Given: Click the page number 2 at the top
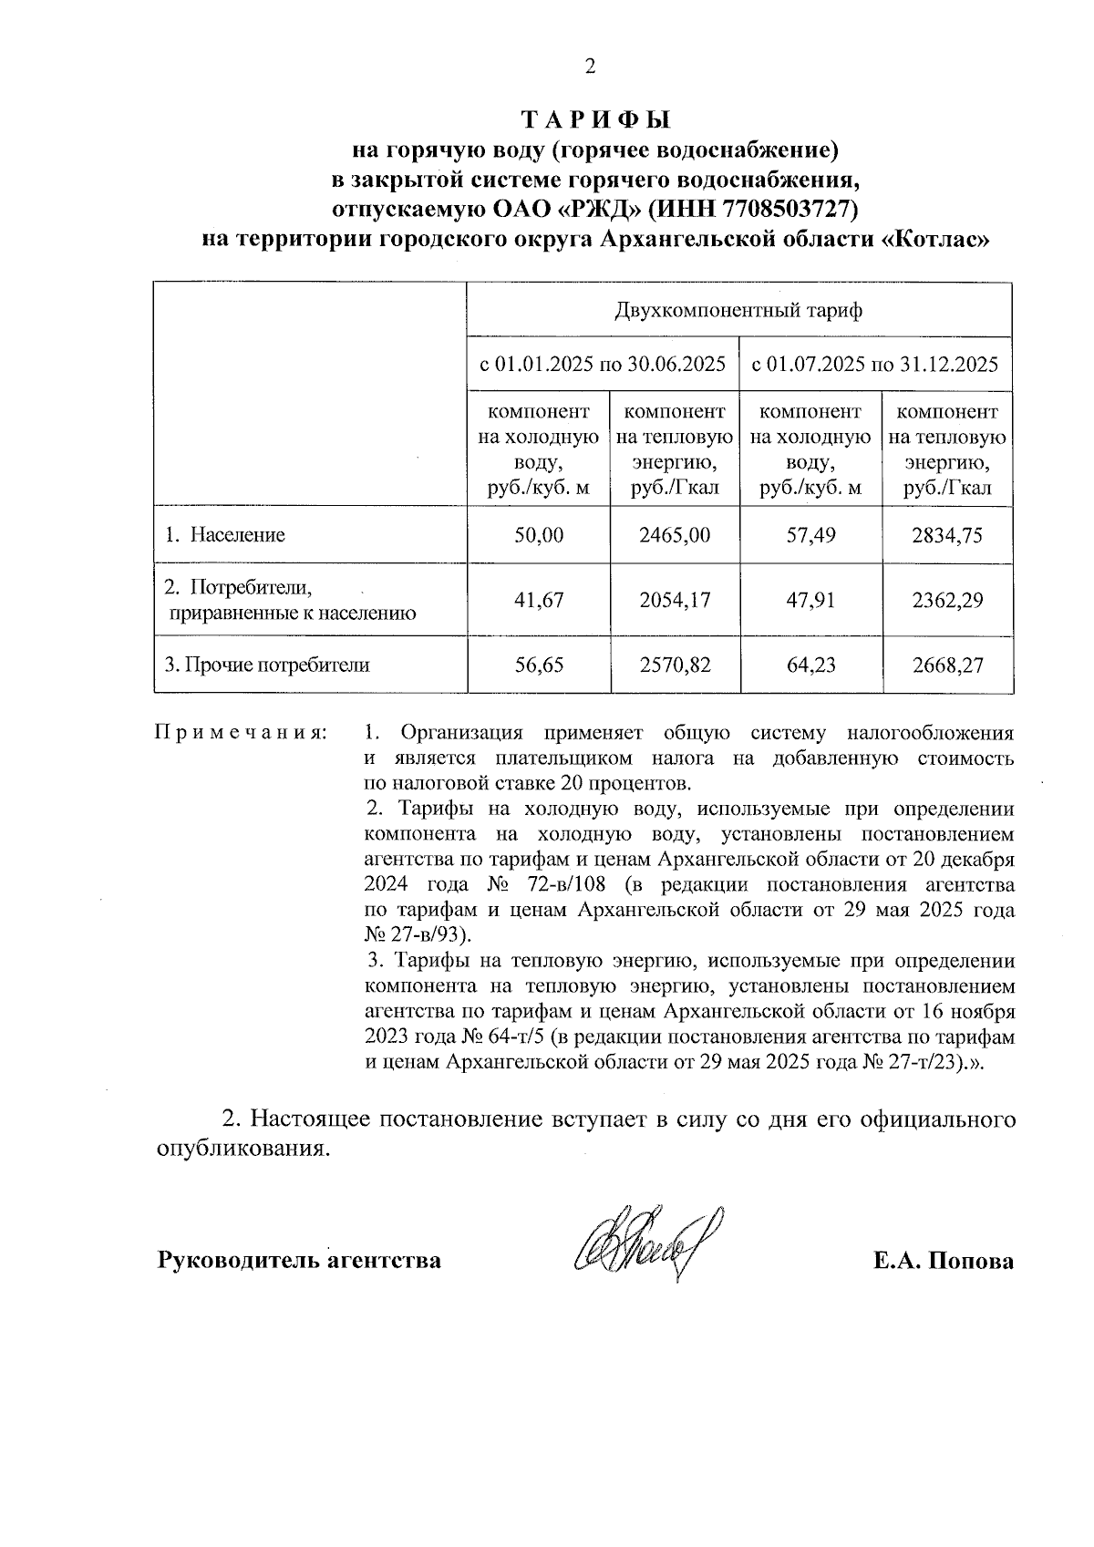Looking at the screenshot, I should click(x=590, y=66).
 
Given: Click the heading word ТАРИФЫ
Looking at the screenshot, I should click(x=595, y=120).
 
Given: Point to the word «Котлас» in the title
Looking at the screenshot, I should click(x=937, y=240).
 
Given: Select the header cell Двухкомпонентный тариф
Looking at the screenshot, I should click(x=738, y=311).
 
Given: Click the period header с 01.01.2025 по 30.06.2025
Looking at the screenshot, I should click(x=603, y=365).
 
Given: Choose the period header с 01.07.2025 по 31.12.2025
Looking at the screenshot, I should click(x=875, y=365).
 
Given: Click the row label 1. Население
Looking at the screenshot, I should click(x=225, y=535).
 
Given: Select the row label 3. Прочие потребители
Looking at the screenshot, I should click(x=267, y=665).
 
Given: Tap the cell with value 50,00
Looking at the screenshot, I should click(x=539, y=535).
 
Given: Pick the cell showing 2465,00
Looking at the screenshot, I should click(x=675, y=535).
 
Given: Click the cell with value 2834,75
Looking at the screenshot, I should click(x=947, y=535).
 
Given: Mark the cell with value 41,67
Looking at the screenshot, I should click(x=539, y=600).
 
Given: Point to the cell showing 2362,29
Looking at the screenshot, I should click(x=947, y=600).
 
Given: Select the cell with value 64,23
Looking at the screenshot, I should click(x=810, y=665).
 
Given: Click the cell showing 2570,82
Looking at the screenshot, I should click(x=675, y=665).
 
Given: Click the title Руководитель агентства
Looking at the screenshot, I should click(x=300, y=1261).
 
